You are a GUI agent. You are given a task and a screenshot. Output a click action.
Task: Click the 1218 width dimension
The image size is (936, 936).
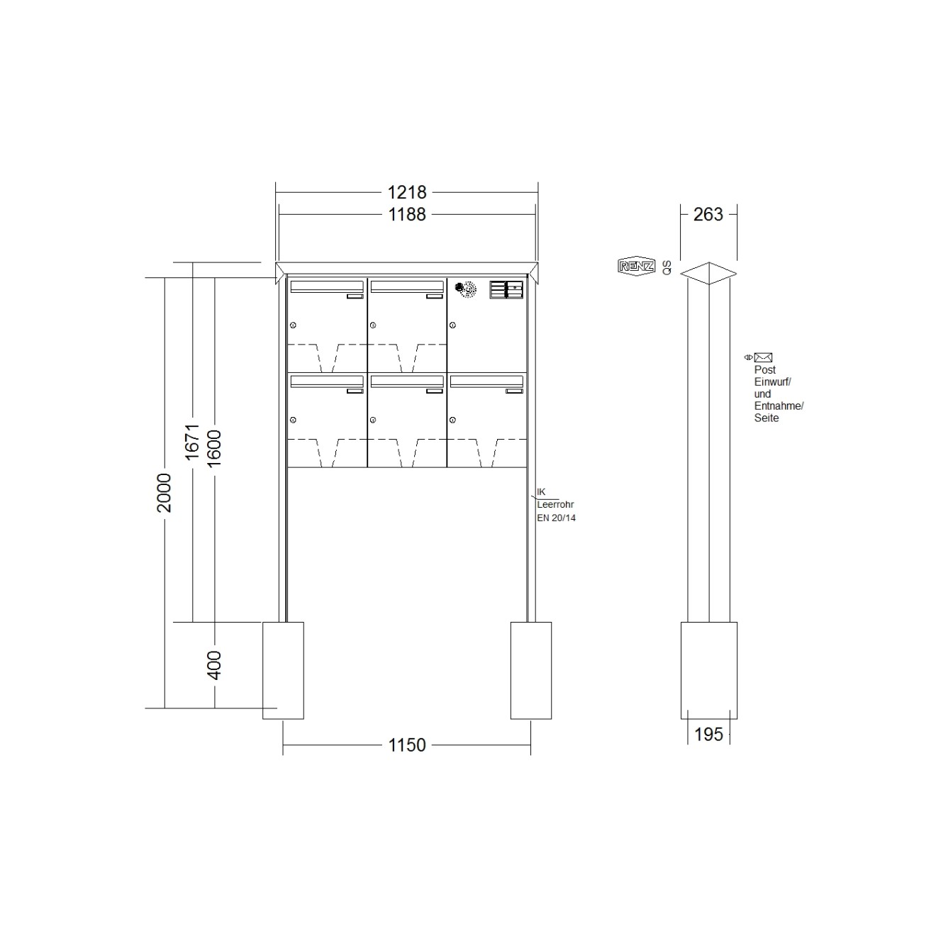(x=406, y=193)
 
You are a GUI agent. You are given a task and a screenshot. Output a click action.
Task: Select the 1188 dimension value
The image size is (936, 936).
(x=406, y=215)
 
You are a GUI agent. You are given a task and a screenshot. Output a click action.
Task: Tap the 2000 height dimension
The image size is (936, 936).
(x=165, y=493)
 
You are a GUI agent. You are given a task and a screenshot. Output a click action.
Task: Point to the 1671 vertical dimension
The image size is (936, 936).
(x=192, y=442)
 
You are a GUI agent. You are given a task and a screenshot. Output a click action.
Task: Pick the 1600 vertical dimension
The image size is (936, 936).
(x=214, y=449)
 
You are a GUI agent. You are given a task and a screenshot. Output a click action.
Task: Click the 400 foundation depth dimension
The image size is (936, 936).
(x=214, y=665)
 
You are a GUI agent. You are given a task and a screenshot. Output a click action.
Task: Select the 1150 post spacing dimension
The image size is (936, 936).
(x=406, y=745)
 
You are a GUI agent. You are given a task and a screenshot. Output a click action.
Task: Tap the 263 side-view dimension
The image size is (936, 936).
(x=708, y=215)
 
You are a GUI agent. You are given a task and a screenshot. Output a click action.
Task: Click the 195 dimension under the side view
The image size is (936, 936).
(x=708, y=735)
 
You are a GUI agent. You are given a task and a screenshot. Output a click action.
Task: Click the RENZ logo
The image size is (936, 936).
(x=636, y=266)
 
